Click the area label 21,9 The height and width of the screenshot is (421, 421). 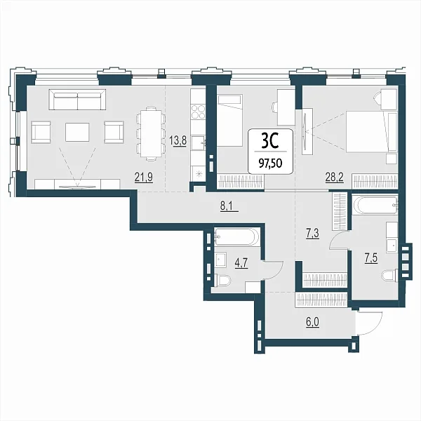point(144,178)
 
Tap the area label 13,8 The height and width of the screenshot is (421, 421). point(178,140)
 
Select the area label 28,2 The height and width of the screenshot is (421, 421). point(335,178)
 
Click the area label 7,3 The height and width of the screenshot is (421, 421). point(313,234)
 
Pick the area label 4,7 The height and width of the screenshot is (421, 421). point(241,263)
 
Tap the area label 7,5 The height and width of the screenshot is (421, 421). point(371,258)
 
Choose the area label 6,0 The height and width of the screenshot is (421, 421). point(312,321)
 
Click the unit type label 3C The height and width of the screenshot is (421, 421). point(270,141)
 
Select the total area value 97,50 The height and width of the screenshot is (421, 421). point(270,163)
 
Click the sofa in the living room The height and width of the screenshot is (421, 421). point(77,100)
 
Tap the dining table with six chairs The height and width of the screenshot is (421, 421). point(150,134)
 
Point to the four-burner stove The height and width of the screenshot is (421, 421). point(198,112)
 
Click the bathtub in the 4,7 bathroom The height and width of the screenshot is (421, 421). point(237,236)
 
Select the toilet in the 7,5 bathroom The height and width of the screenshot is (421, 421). point(389,276)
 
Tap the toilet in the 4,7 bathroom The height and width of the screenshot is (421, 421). point(222,281)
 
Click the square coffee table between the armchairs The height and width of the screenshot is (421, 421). point(77,132)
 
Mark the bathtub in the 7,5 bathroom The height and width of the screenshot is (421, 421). point(375,206)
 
